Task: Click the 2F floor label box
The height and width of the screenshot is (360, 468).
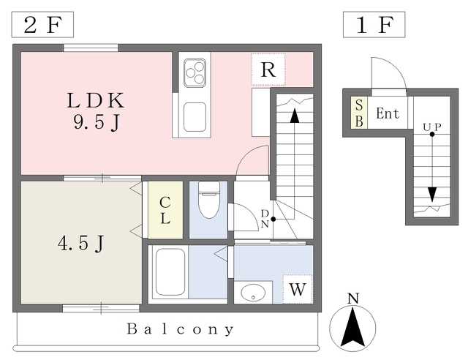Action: point(42,24)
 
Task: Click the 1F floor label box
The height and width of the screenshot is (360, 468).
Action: point(374,24)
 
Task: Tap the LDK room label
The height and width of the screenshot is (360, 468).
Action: point(96,100)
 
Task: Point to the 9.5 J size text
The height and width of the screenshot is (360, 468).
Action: point(97,122)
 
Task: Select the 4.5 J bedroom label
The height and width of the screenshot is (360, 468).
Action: point(80,243)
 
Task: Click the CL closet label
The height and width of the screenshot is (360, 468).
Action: point(165,210)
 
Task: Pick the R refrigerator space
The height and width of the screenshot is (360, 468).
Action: point(268,70)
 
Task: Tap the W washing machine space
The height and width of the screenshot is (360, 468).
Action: point(298,289)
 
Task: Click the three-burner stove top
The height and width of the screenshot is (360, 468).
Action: point(195,73)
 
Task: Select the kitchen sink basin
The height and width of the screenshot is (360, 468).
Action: point(195,117)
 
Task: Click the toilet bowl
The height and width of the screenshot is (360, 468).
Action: point(209,200)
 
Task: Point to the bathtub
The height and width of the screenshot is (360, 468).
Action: point(170,272)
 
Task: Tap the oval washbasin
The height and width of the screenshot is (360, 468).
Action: point(253,293)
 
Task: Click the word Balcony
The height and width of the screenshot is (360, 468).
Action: point(181,329)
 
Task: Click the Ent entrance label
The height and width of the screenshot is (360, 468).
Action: point(388,113)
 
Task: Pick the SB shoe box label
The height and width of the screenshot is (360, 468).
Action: point(359,113)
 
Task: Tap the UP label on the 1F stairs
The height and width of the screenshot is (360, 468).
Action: point(432,127)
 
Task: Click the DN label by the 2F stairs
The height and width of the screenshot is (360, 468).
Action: point(265,219)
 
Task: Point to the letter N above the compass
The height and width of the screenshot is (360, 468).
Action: point(353,299)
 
